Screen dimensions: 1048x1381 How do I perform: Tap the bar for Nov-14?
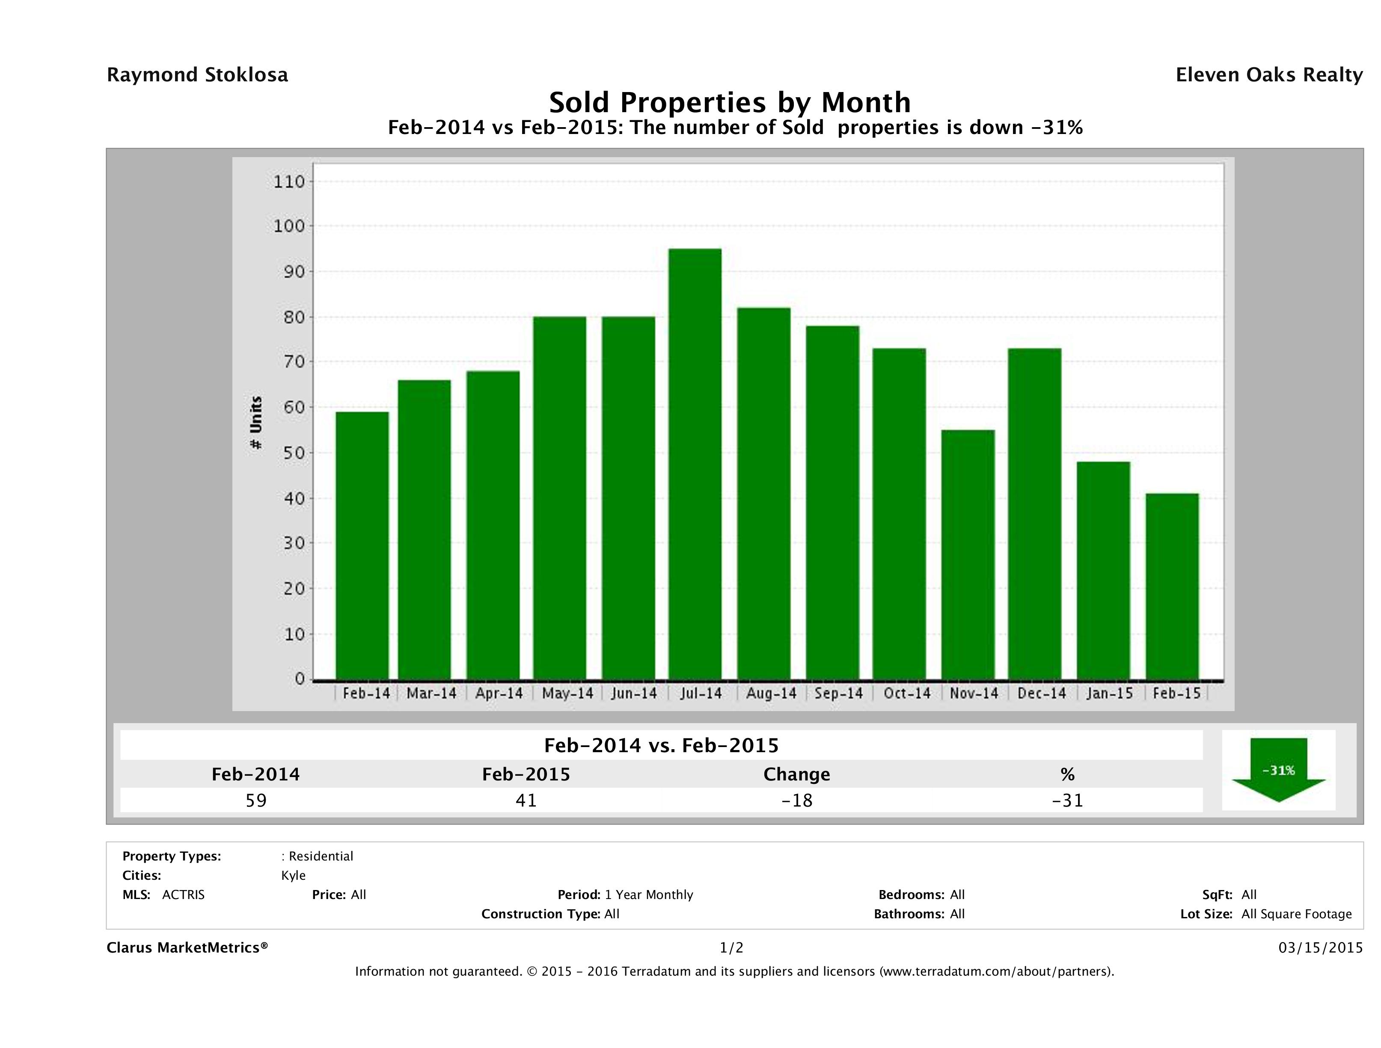point(968,554)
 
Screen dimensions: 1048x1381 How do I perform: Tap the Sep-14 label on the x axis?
point(838,693)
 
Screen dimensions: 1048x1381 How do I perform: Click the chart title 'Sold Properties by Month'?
point(729,102)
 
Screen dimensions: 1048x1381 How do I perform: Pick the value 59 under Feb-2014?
point(256,800)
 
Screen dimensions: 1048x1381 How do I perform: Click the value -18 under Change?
point(797,800)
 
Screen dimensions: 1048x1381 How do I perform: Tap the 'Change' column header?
point(797,774)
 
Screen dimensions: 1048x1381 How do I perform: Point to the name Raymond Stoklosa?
point(197,75)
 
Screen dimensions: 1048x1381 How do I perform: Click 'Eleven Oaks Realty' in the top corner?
point(1268,75)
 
